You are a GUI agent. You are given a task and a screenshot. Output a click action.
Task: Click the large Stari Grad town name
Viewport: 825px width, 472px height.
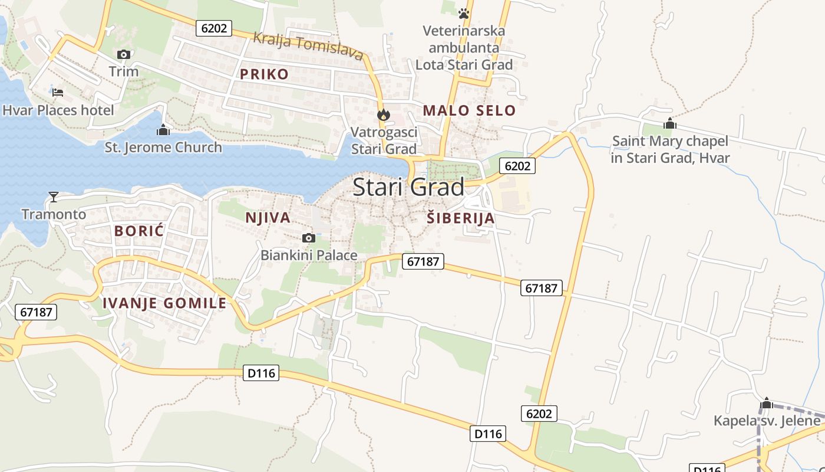click(408, 187)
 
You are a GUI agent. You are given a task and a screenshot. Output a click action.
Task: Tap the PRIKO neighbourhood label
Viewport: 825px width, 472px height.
click(265, 74)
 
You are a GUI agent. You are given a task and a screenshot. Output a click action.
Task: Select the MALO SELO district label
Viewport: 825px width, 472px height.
click(469, 110)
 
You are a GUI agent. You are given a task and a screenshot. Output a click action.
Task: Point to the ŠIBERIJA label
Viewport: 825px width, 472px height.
click(460, 218)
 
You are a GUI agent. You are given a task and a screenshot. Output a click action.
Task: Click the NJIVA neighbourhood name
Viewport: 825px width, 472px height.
click(268, 218)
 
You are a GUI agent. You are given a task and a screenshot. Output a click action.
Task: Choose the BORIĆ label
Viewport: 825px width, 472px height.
click(139, 231)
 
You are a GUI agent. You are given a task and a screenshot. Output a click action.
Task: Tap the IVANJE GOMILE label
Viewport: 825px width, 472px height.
click(164, 303)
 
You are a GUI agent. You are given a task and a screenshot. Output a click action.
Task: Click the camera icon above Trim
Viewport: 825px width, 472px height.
click(123, 55)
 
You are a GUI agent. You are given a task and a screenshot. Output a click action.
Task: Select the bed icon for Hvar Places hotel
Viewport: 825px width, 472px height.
click(58, 93)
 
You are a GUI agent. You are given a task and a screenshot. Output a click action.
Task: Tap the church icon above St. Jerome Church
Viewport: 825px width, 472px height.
click(163, 130)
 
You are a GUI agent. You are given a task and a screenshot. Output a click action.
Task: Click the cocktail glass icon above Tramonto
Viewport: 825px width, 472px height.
click(54, 196)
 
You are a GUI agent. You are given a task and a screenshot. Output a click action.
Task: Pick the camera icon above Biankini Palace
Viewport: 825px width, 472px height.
click(308, 238)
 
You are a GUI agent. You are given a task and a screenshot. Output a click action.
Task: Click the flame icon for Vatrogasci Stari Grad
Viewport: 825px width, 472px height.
click(384, 114)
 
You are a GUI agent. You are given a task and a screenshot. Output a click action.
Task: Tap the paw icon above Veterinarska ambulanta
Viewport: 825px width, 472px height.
click(464, 12)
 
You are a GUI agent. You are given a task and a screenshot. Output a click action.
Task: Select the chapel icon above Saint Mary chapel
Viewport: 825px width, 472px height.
click(669, 124)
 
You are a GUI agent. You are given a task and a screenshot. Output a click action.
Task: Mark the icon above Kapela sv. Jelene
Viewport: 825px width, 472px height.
click(766, 404)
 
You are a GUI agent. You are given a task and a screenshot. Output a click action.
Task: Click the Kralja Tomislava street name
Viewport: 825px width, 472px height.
click(308, 47)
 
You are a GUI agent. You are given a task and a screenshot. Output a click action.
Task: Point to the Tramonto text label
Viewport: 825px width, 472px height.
click(54, 214)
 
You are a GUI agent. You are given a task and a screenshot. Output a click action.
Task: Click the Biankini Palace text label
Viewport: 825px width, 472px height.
click(309, 255)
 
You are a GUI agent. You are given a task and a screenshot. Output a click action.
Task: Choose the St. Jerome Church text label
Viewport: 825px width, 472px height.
click(163, 147)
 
